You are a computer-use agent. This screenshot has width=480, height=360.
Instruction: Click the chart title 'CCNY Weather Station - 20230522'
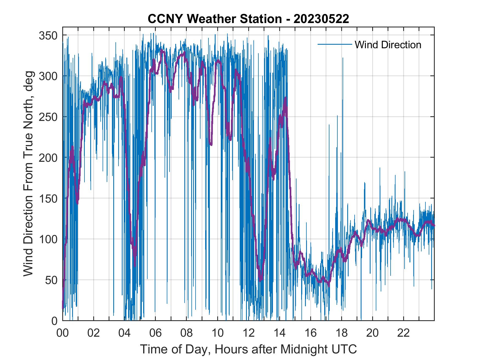(248, 19)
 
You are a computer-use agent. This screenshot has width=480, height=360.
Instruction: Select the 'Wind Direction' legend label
(388, 45)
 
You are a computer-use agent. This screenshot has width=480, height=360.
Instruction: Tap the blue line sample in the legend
(335, 44)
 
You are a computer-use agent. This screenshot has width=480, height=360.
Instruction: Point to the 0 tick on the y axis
(54, 321)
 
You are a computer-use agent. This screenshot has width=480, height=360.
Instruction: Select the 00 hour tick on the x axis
(63, 333)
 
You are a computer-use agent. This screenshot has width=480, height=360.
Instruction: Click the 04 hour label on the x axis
(125, 333)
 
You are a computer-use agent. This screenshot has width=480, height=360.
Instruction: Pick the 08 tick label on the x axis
(187, 333)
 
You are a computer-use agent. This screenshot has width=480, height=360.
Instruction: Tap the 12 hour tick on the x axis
(249, 333)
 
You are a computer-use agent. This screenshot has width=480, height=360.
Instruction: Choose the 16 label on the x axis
(310, 333)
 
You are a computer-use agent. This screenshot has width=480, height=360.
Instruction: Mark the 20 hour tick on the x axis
(372, 333)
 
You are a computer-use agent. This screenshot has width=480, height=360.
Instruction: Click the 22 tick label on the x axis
(403, 333)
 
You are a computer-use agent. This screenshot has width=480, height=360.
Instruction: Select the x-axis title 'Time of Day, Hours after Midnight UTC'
(249, 349)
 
